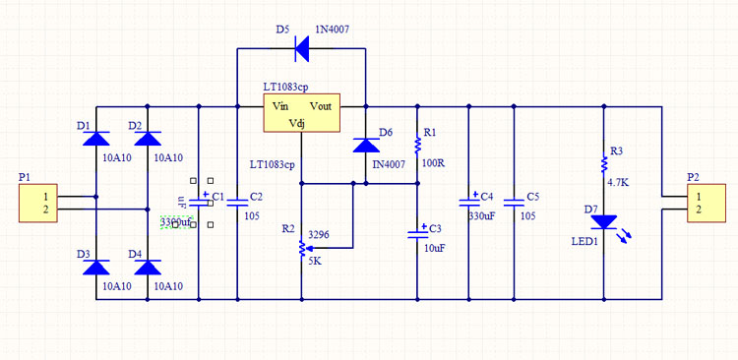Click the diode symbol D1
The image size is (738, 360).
coord(95,139)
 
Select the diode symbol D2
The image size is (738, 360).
coord(148,139)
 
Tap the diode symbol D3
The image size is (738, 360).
coord(95,267)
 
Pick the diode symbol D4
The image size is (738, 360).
coord(148,267)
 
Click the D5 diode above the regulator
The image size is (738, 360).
coord(300,46)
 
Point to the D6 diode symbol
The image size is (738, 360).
coord(365,145)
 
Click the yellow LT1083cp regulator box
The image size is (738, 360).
coord(301,113)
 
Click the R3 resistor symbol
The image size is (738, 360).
coord(603,165)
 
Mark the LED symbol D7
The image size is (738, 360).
coord(603,224)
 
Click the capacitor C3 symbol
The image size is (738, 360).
coord(417,233)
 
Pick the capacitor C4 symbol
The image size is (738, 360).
coord(468,202)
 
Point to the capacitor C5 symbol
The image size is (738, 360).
coord(513,202)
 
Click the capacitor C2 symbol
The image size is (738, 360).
coord(237,202)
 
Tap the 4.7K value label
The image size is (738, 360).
coord(618,183)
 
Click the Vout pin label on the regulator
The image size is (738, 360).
coord(321,104)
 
